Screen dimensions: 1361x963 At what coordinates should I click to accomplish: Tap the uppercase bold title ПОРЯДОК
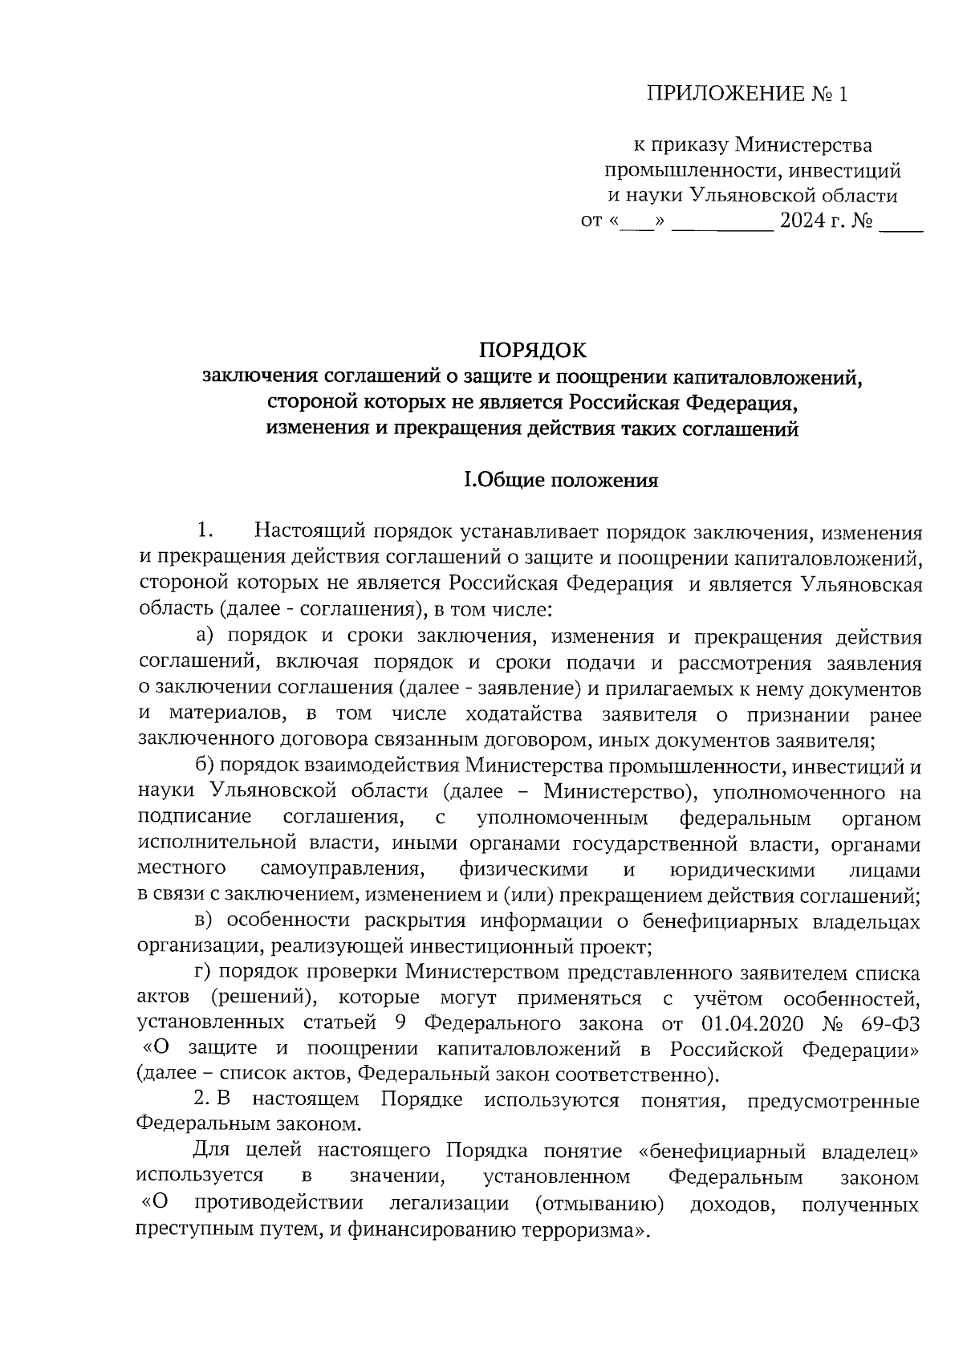(532, 351)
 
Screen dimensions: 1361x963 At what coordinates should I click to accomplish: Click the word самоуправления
(342, 869)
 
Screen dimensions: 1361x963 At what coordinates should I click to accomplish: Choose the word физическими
(523, 869)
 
